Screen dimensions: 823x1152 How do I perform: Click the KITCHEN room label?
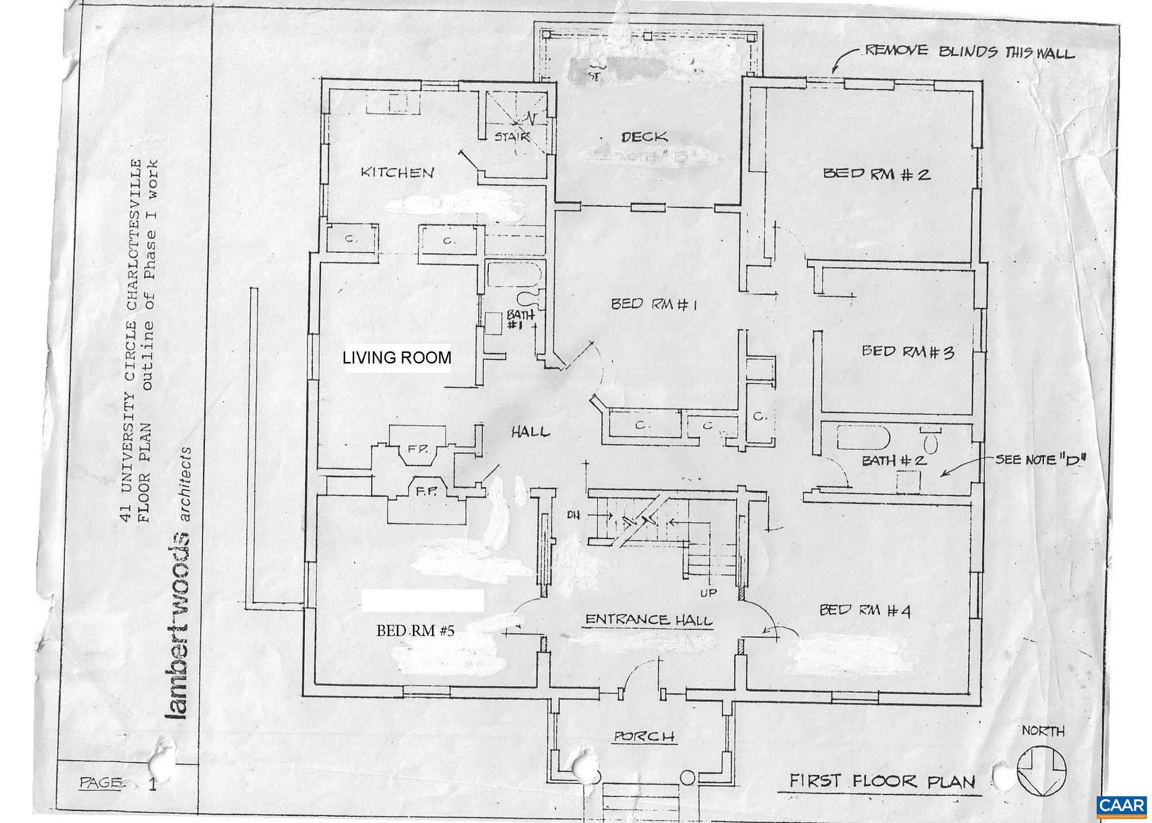coord(397,172)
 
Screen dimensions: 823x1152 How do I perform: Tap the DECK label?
coord(645,137)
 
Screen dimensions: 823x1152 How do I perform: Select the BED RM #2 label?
coord(876,174)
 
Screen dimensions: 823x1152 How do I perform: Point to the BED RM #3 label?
coord(907,352)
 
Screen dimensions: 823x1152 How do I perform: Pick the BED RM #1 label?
coord(654,305)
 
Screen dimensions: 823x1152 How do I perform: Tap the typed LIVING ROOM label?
coord(397,357)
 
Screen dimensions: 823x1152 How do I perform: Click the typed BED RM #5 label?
coord(415,631)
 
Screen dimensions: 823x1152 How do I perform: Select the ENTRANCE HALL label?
coord(649,620)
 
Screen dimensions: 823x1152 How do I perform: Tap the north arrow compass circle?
coord(1042,771)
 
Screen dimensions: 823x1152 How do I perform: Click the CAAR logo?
coord(1121,805)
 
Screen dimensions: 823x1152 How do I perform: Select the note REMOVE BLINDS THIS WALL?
coord(969,52)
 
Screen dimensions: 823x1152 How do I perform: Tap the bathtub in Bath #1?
coord(514,275)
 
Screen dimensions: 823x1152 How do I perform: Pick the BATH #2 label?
coord(894,460)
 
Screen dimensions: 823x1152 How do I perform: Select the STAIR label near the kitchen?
coord(512,136)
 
